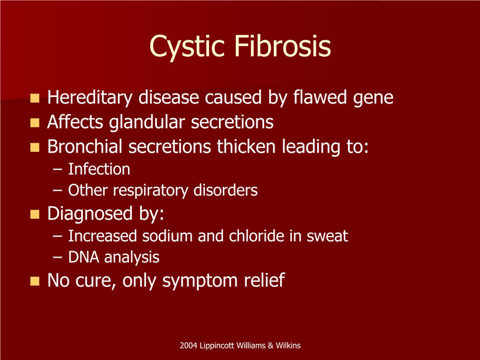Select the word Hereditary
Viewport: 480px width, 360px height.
click(x=90, y=98)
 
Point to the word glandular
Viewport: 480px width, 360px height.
click(x=147, y=122)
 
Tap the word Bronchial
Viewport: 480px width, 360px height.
click(x=85, y=146)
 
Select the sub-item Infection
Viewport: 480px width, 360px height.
click(x=99, y=169)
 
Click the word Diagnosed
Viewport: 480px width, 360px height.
click(x=90, y=213)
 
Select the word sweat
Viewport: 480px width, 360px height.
click(x=327, y=237)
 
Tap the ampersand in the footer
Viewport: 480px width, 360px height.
click(x=270, y=345)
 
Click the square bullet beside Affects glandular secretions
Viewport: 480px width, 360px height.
click(x=35, y=123)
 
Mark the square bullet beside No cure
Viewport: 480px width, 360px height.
click(x=35, y=281)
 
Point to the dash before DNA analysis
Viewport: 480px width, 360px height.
click(x=57, y=258)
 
